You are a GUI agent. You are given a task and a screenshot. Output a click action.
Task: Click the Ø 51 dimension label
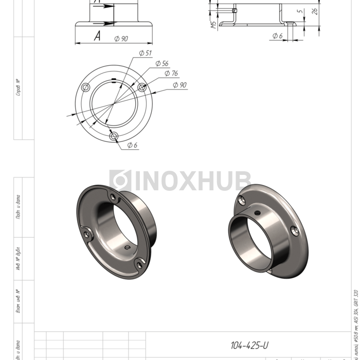tap(145, 53)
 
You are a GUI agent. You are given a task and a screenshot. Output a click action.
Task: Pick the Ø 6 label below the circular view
tap(132, 145)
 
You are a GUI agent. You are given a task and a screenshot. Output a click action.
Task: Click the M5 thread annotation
tap(213, 24)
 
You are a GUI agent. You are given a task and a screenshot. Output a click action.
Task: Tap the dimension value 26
tap(315, 11)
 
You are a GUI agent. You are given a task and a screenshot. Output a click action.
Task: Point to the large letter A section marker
tap(97, 35)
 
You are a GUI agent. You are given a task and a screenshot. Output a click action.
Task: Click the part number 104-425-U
tap(249, 345)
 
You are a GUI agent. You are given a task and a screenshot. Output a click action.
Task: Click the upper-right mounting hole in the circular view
tap(142, 87)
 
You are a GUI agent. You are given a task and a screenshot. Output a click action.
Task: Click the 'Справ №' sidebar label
tap(19, 87)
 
